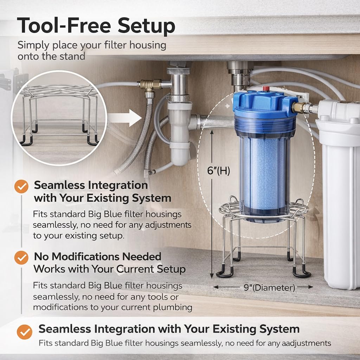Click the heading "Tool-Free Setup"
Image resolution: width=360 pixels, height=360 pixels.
[x=96, y=26]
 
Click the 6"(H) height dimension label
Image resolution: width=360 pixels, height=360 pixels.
[x=218, y=171]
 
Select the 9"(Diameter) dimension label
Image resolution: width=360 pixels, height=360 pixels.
[x=269, y=288]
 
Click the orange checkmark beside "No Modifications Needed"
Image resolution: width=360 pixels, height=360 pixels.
[x=21, y=258]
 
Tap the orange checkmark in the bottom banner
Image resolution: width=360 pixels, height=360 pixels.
[x=25, y=332]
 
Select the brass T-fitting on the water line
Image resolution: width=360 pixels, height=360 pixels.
[x=150, y=85]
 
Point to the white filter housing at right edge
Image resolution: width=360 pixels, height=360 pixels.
[x=340, y=195]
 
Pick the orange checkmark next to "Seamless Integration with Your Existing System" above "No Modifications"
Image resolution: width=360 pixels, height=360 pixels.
[x=21, y=186]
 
